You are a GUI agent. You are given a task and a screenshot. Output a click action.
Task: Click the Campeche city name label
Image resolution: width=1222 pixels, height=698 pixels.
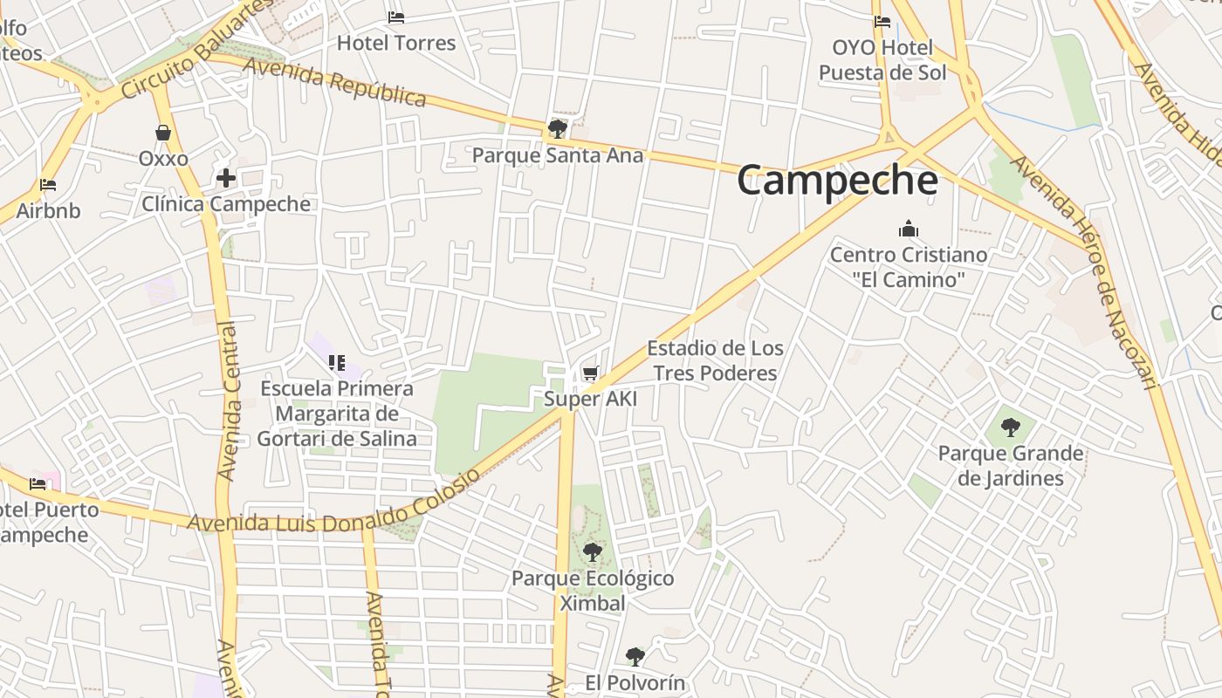tap(837, 181)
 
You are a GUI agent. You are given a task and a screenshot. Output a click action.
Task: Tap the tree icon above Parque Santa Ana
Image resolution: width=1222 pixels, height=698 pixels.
tap(557, 129)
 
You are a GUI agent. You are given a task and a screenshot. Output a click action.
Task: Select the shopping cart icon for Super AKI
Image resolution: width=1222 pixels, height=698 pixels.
tap(590, 373)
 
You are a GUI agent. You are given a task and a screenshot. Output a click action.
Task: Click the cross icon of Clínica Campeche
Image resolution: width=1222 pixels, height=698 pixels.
tap(226, 178)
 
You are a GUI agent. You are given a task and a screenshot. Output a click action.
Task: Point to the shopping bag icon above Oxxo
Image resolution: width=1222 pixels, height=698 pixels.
tap(163, 133)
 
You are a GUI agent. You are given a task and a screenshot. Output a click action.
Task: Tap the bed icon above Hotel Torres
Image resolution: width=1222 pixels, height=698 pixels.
tap(396, 17)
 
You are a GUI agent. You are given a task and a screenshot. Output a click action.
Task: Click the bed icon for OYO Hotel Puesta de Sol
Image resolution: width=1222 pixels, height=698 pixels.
tap(882, 22)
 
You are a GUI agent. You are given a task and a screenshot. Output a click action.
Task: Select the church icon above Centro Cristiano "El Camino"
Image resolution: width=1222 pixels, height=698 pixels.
tap(909, 229)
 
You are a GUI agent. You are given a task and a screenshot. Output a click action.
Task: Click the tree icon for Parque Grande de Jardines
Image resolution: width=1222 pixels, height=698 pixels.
tap(1010, 428)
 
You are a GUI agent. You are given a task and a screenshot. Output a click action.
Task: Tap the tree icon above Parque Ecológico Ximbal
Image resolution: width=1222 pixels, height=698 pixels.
tap(593, 552)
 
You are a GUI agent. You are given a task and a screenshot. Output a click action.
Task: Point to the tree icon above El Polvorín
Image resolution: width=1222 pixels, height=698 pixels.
tap(635, 656)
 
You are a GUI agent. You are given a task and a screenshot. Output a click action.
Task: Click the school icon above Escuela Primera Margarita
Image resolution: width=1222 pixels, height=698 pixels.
tap(337, 362)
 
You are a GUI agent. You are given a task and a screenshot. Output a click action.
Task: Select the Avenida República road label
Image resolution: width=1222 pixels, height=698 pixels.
tap(334, 82)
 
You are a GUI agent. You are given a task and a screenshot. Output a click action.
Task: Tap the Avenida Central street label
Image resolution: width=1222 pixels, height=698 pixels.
tap(229, 401)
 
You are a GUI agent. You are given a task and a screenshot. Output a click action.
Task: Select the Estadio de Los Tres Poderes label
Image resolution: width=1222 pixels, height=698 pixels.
tap(715, 360)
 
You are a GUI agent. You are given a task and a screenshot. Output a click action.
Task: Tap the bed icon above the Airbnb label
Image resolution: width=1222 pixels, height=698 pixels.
tap(48, 185)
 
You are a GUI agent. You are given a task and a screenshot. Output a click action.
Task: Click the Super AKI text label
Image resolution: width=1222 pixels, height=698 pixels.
tap(590, 400)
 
